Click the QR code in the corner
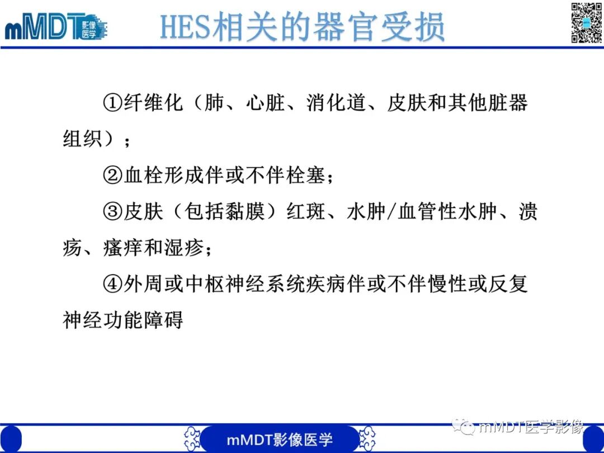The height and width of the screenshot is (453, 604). point(586,22)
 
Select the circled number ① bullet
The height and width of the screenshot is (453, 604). point(112,103)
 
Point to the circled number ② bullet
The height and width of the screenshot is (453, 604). point(112,176)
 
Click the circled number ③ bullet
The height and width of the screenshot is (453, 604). point(112,213)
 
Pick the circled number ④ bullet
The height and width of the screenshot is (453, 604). point(112,285)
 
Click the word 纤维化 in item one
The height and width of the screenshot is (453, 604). point(153,103)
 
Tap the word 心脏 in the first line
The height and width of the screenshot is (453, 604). point(265,103)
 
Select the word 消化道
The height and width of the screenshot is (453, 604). point(336,103)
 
